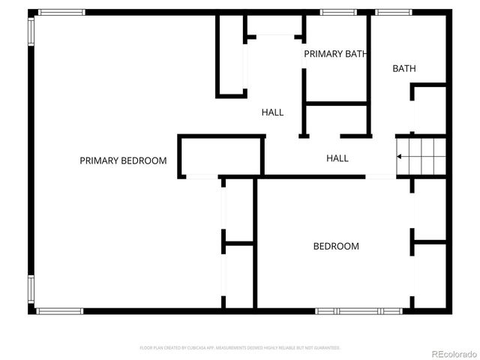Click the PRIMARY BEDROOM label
coord(123,160)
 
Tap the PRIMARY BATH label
coord(334,54)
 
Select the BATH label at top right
coord(404,69)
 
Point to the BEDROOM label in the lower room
coord(335,246)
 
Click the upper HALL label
coord(272,112)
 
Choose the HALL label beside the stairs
coord(337,158)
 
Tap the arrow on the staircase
coord(400,156)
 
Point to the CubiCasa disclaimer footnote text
coord(240,348)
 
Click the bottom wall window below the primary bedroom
coord(60,310)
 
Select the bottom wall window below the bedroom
coord(358,310)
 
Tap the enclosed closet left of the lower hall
coord(220,156)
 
